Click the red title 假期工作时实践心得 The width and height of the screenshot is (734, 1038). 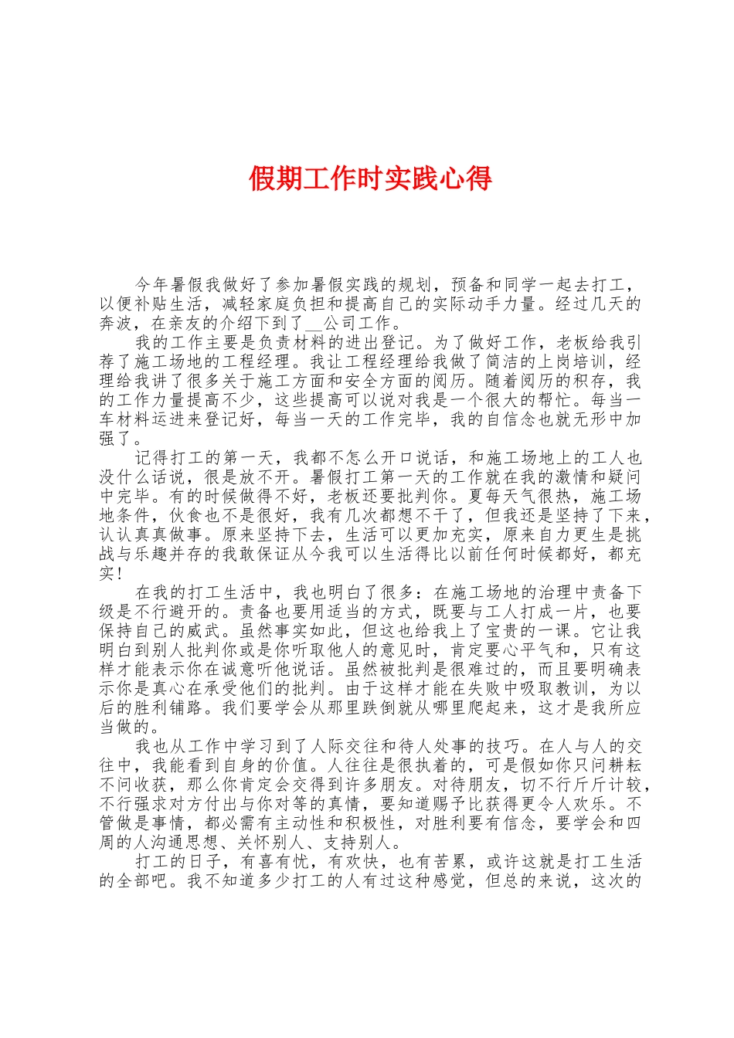(370, 179)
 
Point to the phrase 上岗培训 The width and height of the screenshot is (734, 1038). (563, 361)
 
